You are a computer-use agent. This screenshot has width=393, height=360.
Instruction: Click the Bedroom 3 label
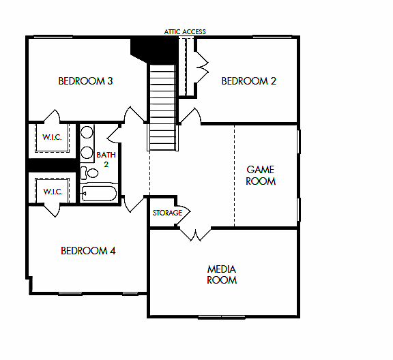(x=85, y=81)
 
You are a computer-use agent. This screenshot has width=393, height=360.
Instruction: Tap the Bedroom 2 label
(x=248, y=81)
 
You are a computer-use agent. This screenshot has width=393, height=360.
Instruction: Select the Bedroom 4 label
(x=88, y=250)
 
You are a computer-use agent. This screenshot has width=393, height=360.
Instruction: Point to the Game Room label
(x=261, y=175)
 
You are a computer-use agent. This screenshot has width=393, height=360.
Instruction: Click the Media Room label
(x=222, y=274)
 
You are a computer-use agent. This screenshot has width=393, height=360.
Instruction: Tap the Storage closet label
(x=167, y=213)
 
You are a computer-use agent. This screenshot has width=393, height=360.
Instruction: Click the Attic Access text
(x=185, y=31)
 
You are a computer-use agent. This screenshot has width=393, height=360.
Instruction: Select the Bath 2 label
(x=106, y=159)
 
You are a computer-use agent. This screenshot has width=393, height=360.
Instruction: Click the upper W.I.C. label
(x=52, y=138)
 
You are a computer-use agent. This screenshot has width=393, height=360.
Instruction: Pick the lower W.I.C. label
(x=53, y=192)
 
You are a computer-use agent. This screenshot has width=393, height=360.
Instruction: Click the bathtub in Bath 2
(x=100, y=193)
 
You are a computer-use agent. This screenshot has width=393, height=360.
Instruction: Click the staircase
(x=163, y=106)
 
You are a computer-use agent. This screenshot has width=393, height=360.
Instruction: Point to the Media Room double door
(x=196, y=234)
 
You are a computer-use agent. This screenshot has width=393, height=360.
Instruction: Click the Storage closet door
(x=182, y=212)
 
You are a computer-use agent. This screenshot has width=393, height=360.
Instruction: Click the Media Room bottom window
(x=223, y=316)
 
